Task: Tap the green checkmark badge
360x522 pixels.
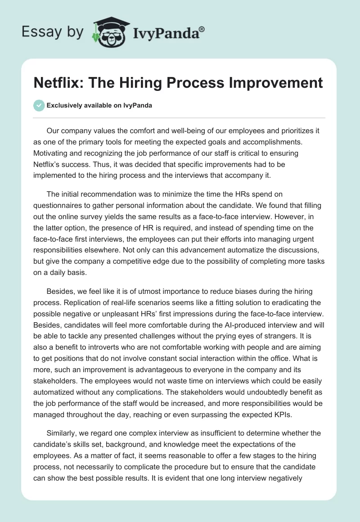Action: [39, 105]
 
